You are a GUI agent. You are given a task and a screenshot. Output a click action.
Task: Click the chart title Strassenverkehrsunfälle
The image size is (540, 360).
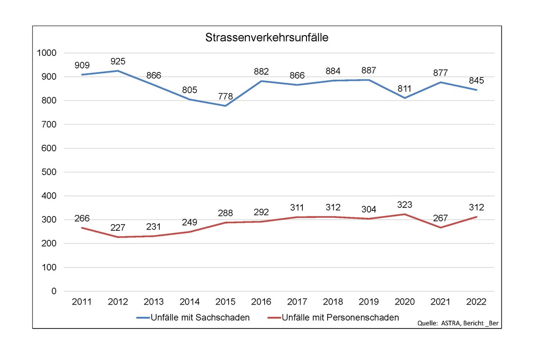click(267, 38)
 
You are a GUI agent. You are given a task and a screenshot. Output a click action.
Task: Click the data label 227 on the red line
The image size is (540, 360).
click(117, 228)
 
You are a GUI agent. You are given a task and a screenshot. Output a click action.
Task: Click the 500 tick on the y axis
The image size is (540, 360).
click(49, 172)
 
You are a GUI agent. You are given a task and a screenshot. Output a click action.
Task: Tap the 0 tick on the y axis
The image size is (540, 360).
click(54, 292)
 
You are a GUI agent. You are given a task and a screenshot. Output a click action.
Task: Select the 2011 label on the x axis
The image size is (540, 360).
click(81, 301)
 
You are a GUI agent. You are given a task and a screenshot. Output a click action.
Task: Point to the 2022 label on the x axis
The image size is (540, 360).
click(476, 301)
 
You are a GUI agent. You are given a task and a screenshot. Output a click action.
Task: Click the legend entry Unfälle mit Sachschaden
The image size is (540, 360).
click(193, 318)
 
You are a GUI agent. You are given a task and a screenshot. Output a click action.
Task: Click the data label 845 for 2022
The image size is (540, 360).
click(476, 81)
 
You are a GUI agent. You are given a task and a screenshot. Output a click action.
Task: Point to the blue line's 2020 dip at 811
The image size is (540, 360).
click(405, 98)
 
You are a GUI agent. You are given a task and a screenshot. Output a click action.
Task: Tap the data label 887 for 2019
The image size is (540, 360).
click(369, 71)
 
